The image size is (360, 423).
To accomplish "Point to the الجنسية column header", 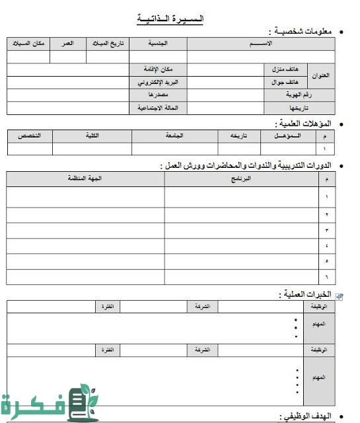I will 157,44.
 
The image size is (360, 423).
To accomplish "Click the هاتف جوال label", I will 284,83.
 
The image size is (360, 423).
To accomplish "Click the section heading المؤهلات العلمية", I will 305,123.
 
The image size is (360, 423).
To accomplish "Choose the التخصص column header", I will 29,135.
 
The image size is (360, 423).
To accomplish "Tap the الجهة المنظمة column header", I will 85,179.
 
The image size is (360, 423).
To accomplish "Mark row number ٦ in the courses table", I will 326,276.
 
